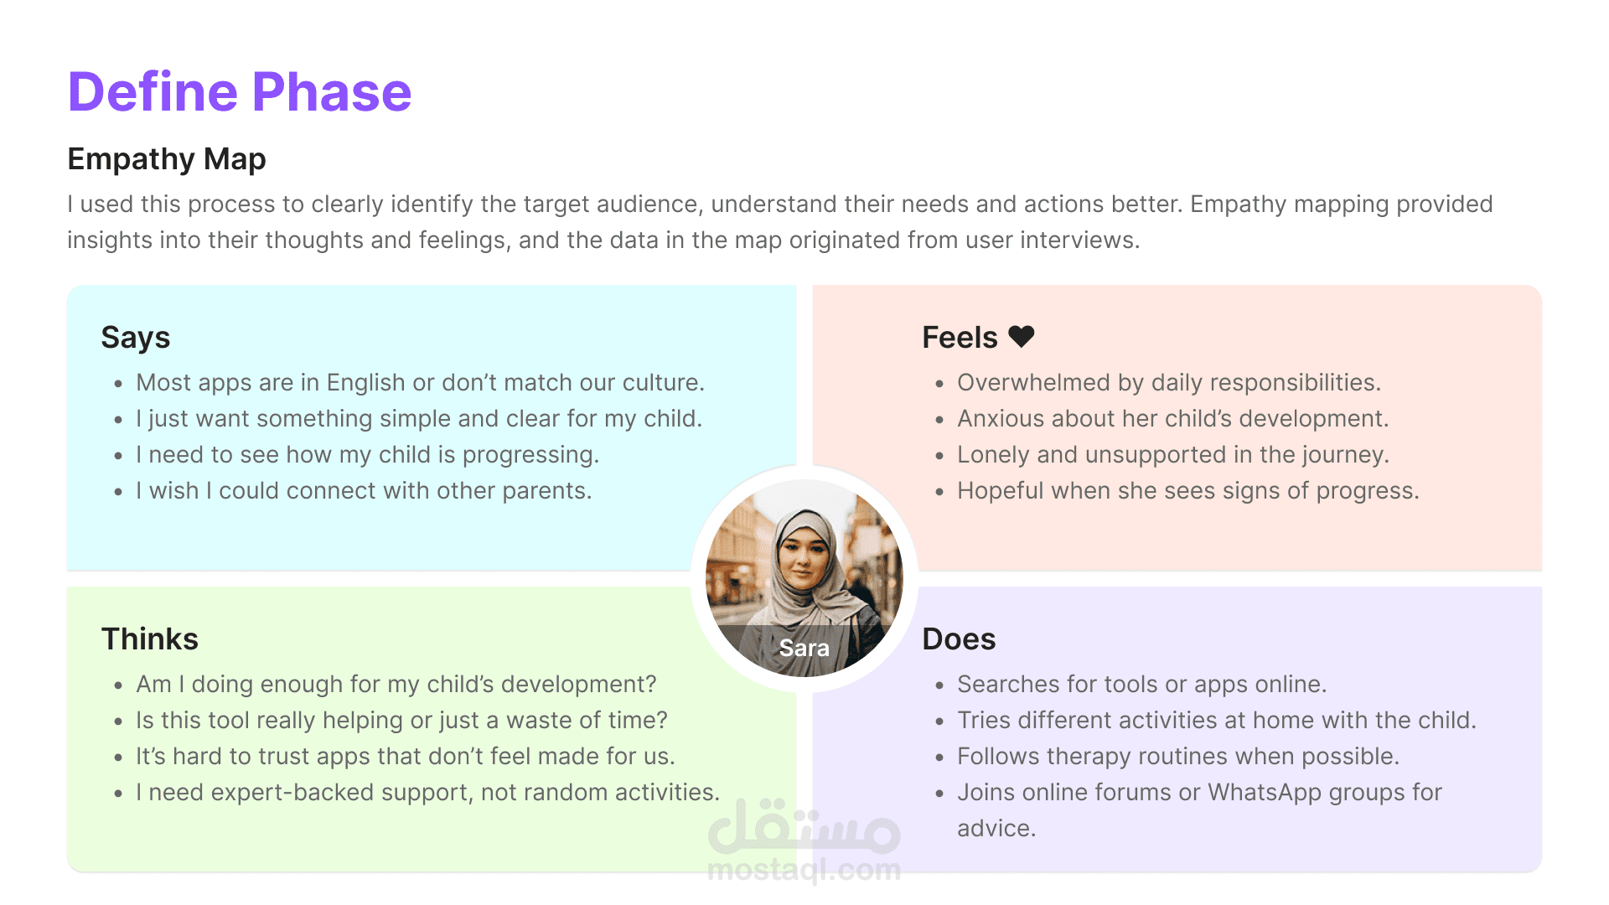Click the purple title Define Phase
point(240,91)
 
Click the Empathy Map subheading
point(167,159)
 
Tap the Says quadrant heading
point(136,338)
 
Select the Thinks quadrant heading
point(150,639)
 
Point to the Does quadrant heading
point(959,639)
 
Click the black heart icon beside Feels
point(1022,336)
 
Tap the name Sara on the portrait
point(804,648)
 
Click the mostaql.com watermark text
point(804,870)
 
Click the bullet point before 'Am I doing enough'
point(118,686)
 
